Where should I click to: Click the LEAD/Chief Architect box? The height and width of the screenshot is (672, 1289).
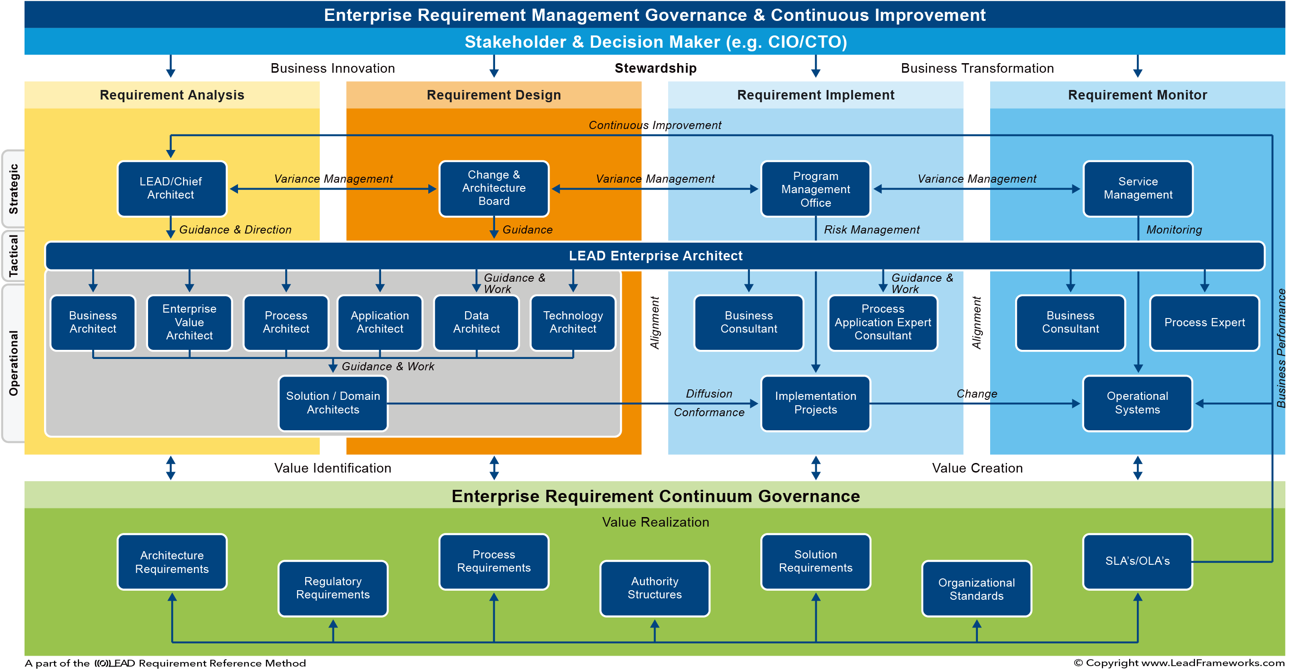172,188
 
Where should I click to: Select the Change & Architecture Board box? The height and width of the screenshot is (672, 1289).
493,188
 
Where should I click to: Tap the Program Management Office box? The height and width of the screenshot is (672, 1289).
815,188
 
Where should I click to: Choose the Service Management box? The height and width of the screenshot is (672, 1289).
1137,188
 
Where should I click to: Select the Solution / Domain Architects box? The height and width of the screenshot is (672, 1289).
333,403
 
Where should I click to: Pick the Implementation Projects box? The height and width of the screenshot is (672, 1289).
815,403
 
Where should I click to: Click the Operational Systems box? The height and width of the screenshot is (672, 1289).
1137,403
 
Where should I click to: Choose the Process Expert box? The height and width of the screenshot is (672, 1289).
1205,323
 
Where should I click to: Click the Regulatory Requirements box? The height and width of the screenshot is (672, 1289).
333,588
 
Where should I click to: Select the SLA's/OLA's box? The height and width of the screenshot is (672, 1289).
1137,561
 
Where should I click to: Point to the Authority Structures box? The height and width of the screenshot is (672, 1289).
654,588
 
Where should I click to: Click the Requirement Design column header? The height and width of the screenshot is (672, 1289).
493,95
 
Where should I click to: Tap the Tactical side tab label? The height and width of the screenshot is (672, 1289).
14,255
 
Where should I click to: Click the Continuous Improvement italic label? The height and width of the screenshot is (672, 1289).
654,125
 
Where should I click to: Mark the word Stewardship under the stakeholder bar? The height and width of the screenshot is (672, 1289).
655,68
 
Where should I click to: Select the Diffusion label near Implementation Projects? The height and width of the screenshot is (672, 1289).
709,393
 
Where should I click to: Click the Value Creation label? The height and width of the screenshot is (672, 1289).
977,468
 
